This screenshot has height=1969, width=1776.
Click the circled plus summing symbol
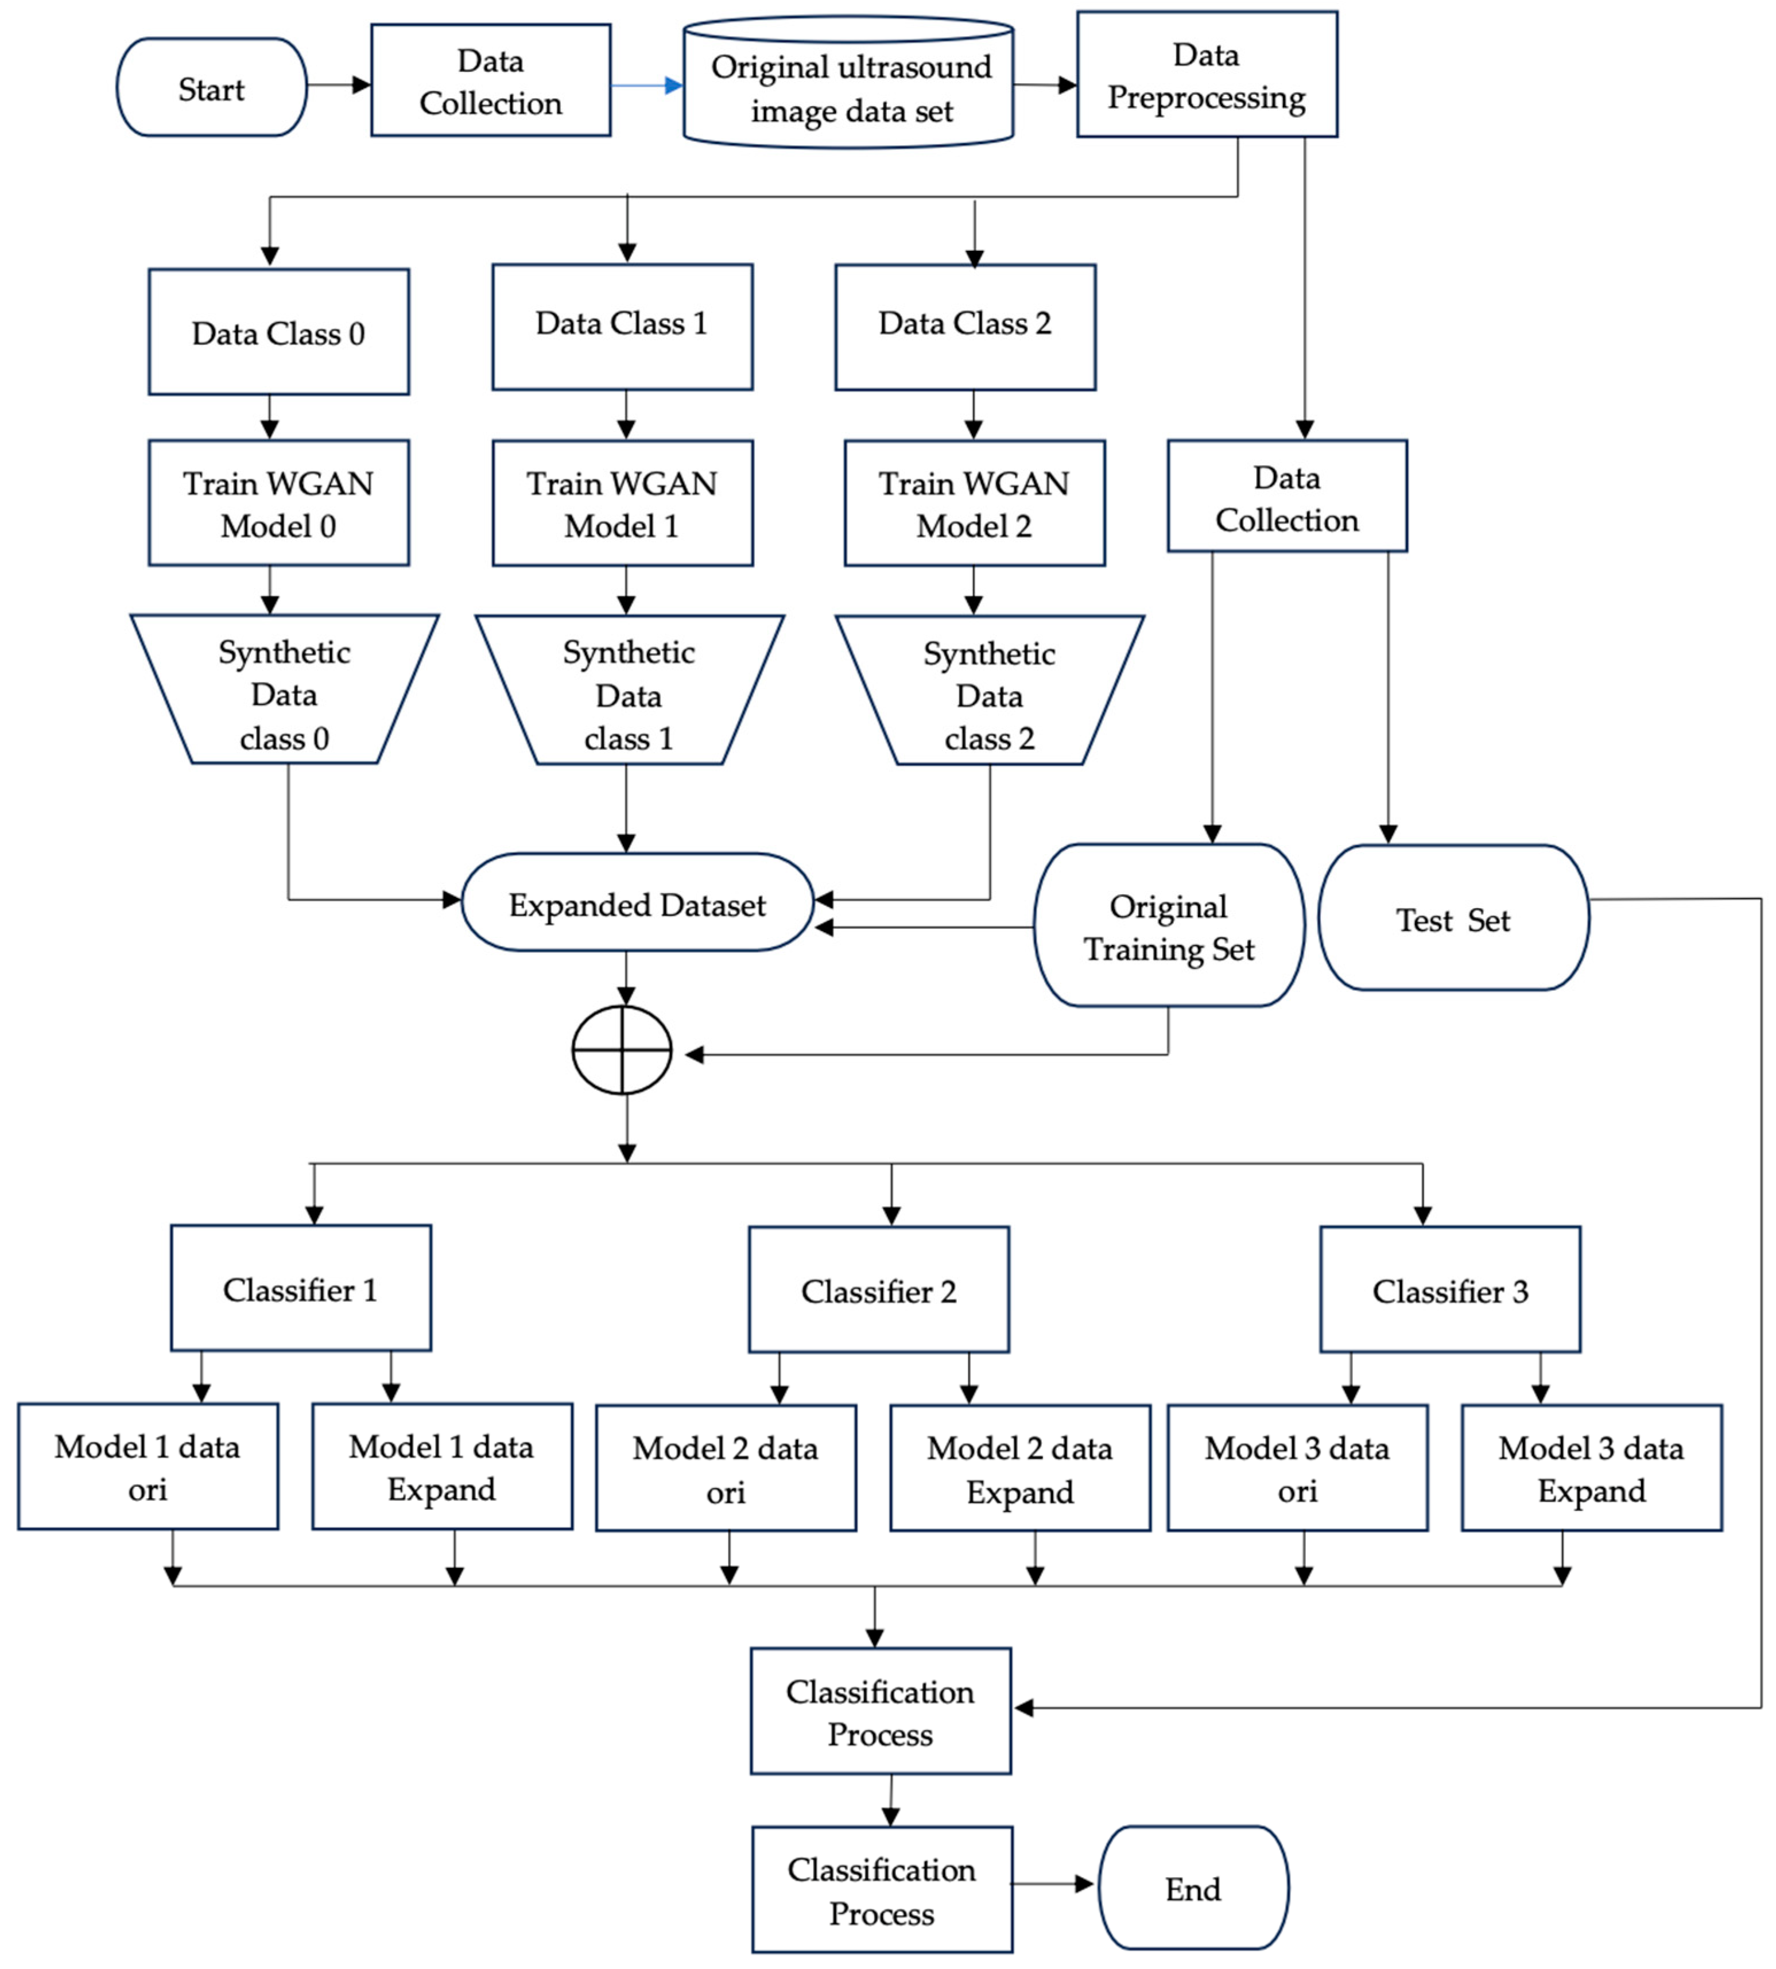(x=622, y=1050)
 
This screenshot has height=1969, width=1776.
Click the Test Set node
(x=1452, y=918)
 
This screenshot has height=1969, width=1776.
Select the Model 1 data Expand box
(x=441, y=1467)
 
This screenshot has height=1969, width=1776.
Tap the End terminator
(x=1192, y=1888)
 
